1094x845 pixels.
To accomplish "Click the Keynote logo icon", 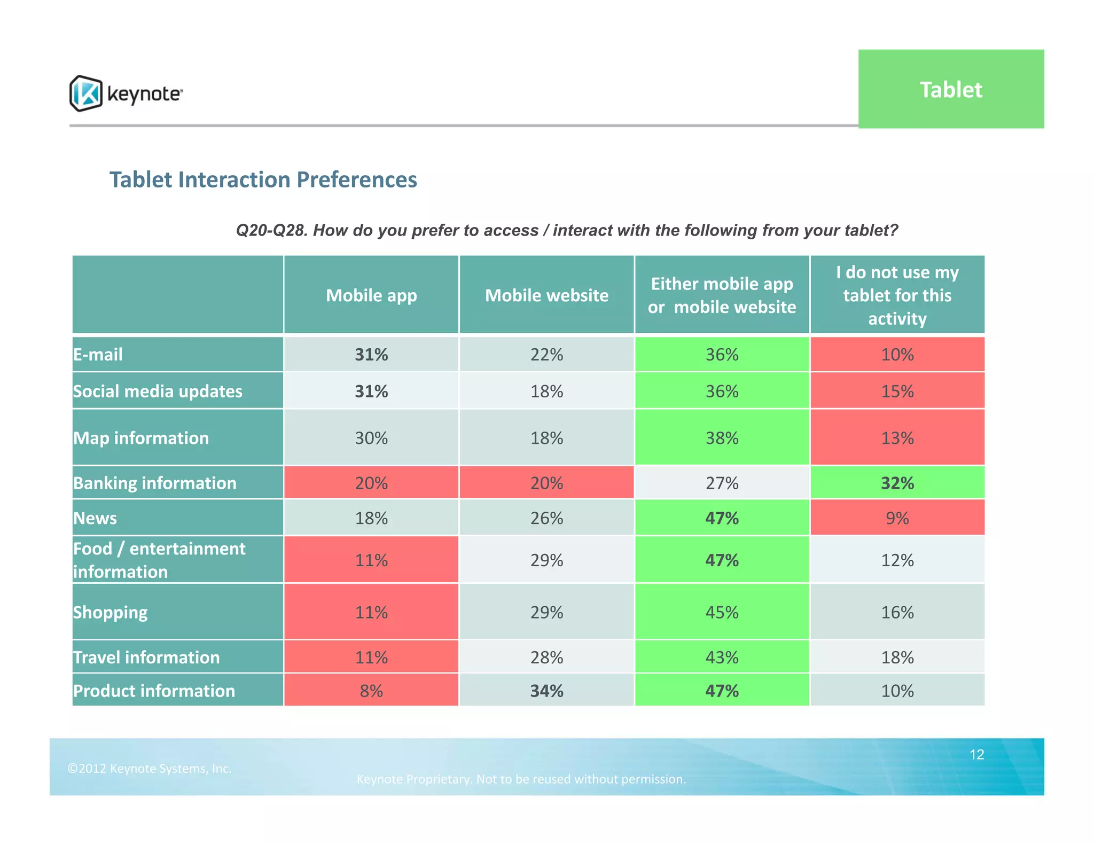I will click(x=85, y=93).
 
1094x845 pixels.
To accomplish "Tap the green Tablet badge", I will click(x=950, y=89).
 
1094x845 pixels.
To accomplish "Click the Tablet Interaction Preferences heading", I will click(x=263, y=179).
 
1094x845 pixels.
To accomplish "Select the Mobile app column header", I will click(x=371, y=295).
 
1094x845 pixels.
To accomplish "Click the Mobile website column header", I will click(x=546, y=295).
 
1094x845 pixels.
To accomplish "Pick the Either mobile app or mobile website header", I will click(x=722, y=295).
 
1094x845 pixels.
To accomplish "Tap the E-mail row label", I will click(x=98, y=354).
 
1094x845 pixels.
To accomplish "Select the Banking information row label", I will click(x=155, y=483).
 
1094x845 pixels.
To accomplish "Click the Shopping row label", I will click(x=111, y=612).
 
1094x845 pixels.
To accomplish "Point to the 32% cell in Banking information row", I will click(x=897, y=483).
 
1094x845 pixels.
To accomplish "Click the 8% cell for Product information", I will click(x=371, y=691).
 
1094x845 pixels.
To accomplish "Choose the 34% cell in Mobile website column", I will click(x=546, y=691).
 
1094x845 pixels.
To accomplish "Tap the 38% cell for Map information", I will click(x=722, y=438).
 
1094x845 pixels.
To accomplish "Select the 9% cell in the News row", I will click(x=897, y=518).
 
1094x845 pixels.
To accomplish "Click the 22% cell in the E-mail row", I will click(x=546, y=354).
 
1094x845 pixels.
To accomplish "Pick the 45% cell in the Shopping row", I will click(x=722, y=612).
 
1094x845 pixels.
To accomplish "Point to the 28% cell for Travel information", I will click(x=546, y=657).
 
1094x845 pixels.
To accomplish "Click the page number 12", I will click(x=976, y=754).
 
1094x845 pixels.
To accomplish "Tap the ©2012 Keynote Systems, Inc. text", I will click(x=150, y=768).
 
